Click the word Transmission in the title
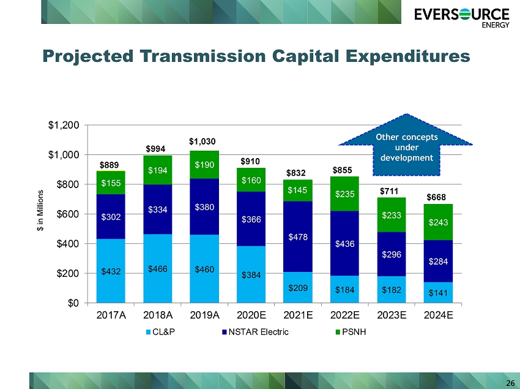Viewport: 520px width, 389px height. (x=202, y=56)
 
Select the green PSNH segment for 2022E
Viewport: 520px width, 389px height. (x=344, y=194)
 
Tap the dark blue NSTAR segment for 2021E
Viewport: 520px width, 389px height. (x=298, y=236)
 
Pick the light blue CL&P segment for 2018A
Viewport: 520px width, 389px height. (x=157, y=268)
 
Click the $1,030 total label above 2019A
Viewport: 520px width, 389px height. (x=202, y=142)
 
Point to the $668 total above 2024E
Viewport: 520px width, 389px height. (x=436, y=197)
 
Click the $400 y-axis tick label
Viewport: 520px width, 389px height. (x=68, y=244)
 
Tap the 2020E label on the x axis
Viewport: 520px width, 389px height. (x=251, y=315)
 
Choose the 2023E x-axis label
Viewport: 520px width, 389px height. (x=392, y=315)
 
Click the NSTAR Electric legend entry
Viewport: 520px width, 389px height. (x=255, y=332)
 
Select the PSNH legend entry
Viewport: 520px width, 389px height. (x=351, y=332)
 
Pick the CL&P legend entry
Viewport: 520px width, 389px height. (x=160, y=332)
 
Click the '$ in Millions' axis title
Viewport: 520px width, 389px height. (x=40, y=211)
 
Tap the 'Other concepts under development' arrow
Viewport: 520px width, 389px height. (x=406, y=145)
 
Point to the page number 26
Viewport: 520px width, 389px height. (x=510, y=383)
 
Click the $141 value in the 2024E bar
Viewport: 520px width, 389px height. (x=438, y=293)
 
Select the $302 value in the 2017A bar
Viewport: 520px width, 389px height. (x=111, y=217)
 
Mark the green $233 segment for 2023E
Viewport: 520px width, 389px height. (x=392, y=214)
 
